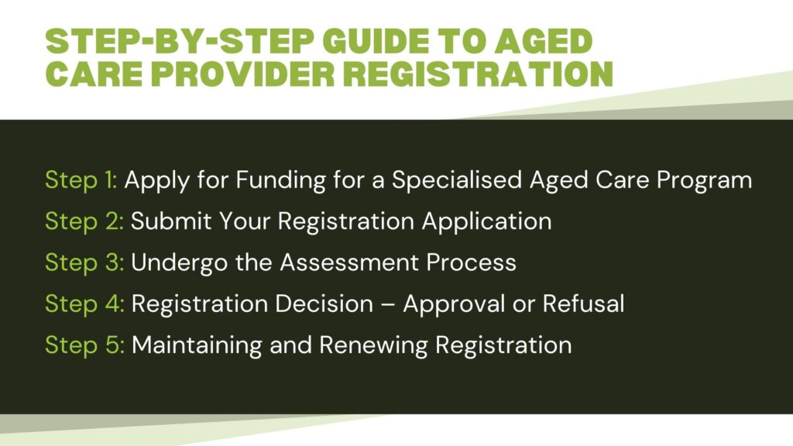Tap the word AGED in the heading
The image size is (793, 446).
(543, 41)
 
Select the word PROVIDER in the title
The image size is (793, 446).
(242, 74)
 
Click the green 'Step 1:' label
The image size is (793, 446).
(81, 180)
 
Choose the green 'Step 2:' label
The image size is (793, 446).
(84, 222)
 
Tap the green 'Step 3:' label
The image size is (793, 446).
(84, 263)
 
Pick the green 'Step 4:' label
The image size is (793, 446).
(84, 304)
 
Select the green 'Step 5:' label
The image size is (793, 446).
(84, 346)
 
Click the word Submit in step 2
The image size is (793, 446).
(171, 221)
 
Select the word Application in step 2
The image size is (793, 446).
(486, 222)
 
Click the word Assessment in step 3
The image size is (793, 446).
(349, 263)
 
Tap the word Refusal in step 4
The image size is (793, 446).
(584, 304)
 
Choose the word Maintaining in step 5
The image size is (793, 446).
(197, 346)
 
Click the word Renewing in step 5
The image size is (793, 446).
(373, 346)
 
